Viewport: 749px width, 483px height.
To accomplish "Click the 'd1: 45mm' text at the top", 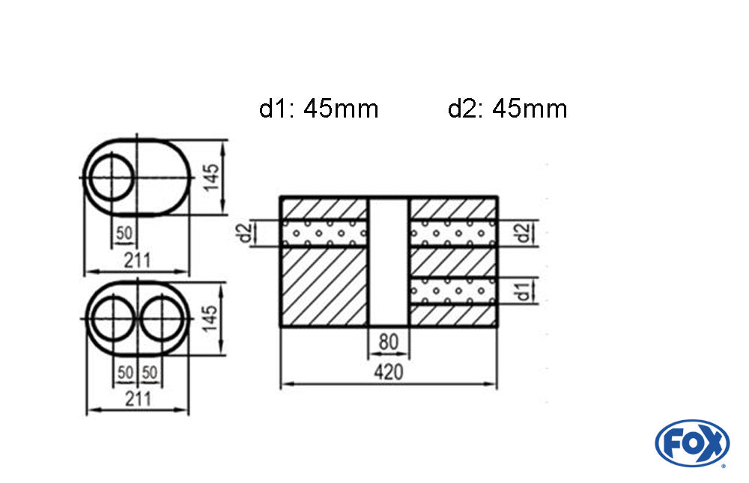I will click(319, 109).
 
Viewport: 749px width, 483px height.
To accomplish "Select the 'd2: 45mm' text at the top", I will click(507, 109).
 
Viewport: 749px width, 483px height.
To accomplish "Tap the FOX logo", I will click(691, 443).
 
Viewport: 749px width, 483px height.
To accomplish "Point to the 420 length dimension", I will click(388, 372).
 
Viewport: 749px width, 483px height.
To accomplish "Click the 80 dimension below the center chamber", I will click(388, 342).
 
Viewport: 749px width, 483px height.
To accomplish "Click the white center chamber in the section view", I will click(388, 262).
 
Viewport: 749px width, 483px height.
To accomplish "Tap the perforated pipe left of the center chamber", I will click(324, 233).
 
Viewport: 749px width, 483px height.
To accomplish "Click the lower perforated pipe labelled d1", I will click(452, 291).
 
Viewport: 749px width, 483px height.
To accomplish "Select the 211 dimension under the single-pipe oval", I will click(136, 261).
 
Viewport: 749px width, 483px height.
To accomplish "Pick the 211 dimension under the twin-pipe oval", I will click(136, 398).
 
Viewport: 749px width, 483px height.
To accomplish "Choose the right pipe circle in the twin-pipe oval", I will click(163, 318).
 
